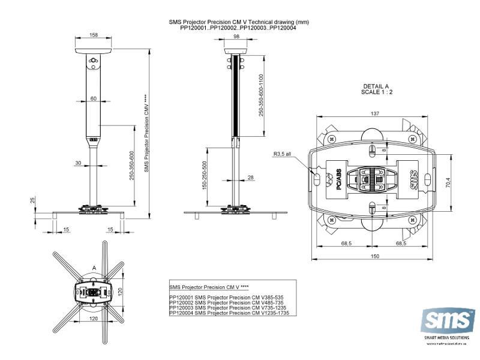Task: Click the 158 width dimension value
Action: [94, 35]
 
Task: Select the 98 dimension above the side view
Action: [236, 37]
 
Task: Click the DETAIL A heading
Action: [376, 86]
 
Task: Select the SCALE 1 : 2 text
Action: [376, 92]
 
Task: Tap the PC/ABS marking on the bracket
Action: [338, 178]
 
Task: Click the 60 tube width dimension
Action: [93, 98]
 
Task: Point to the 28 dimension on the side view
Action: [251, 177]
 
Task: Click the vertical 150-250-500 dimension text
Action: [205, 176]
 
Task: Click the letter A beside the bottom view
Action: [93, 268]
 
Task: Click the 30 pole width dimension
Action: [79, 163]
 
